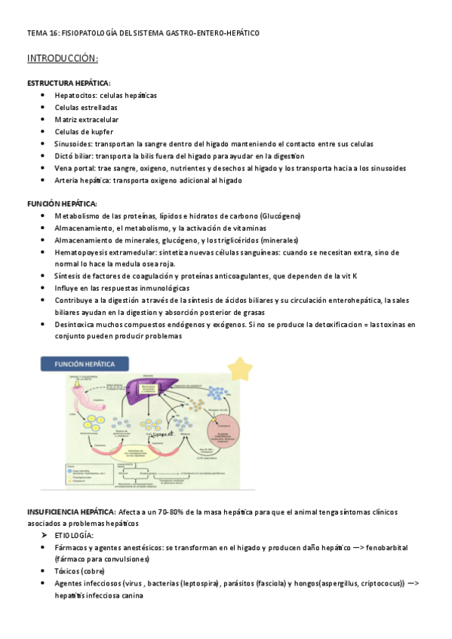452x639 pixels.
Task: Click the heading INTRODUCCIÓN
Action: click(63, 58)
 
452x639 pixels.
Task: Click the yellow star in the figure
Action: click(241, 369)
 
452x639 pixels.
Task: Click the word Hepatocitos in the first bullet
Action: click(74, 96)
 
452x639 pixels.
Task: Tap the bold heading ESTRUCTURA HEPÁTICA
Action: click(69, 83)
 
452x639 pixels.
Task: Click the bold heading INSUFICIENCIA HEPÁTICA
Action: click(70, 512)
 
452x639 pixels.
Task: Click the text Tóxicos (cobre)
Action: click(80, 571)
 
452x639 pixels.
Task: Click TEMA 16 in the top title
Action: click(42, 33)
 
